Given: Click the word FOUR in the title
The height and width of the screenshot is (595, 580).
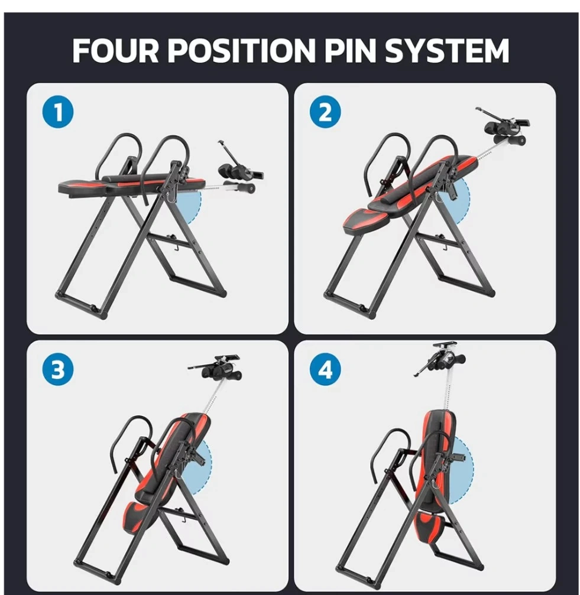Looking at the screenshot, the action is [115, 50].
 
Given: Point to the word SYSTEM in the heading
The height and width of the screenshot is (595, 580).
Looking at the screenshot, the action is [447, 50].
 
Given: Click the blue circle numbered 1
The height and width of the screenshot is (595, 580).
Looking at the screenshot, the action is [58, 112].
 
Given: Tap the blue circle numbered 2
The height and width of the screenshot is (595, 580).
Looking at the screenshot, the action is [325, 112].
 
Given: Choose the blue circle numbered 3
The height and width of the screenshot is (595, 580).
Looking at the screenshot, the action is [58, 369].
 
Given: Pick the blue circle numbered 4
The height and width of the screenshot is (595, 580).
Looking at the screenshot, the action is [325, 369].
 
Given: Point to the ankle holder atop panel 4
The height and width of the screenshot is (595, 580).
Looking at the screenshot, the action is [440, 359].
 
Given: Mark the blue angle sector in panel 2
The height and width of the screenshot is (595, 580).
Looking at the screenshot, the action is [458, 205].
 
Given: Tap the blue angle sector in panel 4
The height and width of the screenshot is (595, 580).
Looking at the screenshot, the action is [461, 470].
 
